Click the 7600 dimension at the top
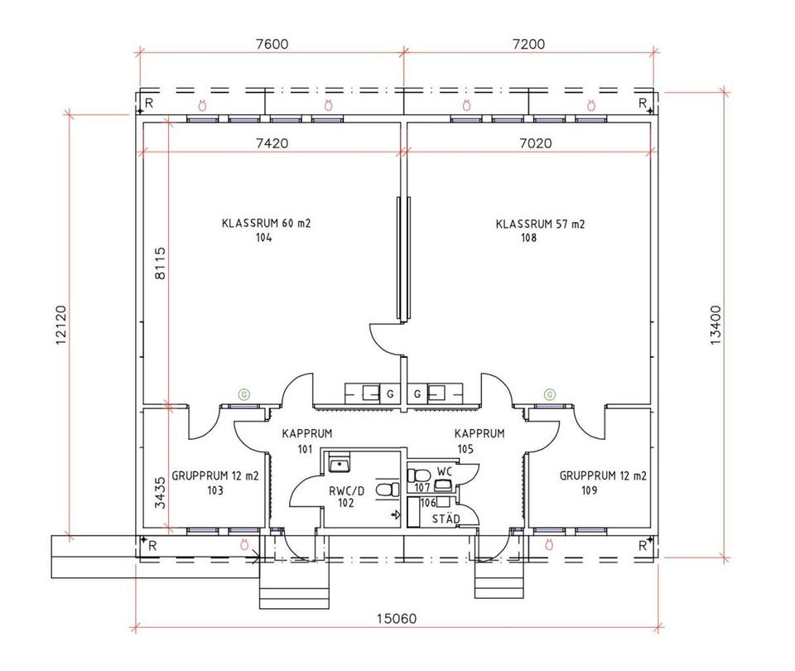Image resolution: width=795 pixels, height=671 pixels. tap(272, 44)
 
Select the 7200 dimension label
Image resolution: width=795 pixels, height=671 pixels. tap(529, 44)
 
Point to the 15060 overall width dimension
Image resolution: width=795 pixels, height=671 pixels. tap(397, 618)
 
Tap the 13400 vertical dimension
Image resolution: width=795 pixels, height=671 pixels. tap(715, 325)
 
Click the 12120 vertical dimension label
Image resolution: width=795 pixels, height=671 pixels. tap(61, 325)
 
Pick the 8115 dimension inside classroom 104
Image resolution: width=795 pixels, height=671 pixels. tap(160, 263)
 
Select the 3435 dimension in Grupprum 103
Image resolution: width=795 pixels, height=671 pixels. tap(160, 492)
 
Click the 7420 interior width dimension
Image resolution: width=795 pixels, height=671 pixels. tap(272, 143)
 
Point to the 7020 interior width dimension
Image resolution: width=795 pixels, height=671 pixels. tap(536, 143)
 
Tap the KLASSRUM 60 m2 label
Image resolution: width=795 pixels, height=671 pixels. tap(266, 223)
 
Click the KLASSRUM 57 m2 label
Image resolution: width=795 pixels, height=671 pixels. tap(540, 224)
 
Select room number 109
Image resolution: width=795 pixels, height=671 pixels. tap(589, 490)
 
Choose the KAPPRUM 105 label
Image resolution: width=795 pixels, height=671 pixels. tap(479, 441)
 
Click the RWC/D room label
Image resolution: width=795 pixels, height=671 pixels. tap(347, 491)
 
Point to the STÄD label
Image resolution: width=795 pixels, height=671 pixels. tap(446, 519)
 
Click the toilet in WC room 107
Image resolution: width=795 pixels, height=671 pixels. tap(418, 475)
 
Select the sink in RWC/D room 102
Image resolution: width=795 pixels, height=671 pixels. tap(338, 464)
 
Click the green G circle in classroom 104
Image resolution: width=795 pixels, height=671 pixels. tap(244, 394)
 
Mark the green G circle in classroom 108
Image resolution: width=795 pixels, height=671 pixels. tap(550, 394)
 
